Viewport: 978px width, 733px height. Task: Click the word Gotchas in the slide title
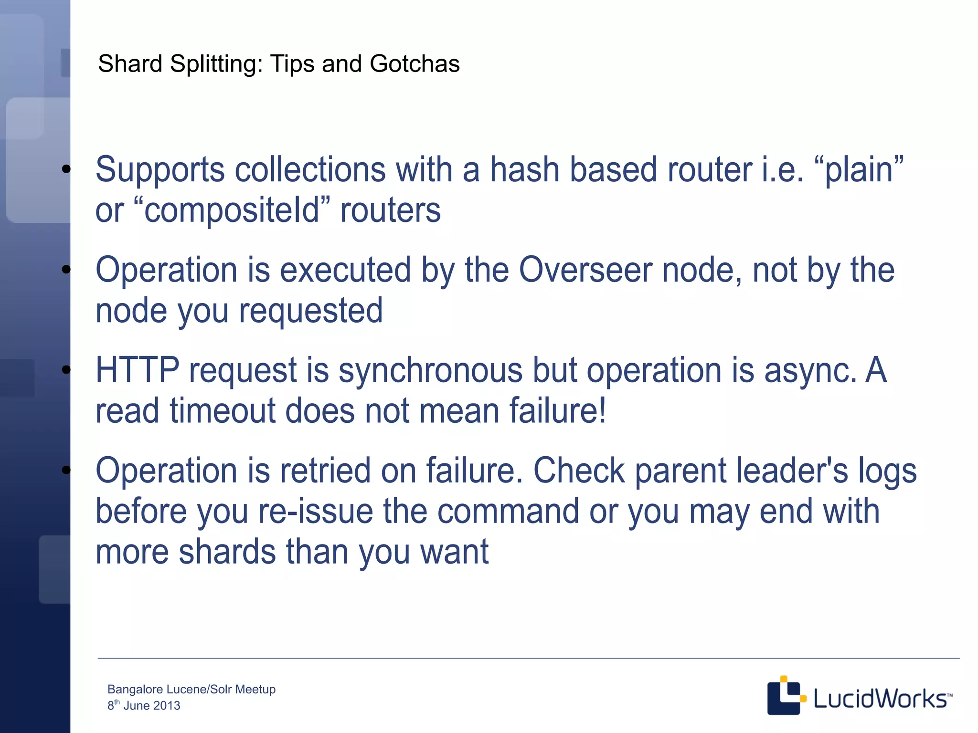414,64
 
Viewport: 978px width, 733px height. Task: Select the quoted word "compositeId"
232,210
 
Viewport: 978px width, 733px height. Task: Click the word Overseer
585,270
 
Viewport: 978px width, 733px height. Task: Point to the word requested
311,311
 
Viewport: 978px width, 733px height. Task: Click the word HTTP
137,370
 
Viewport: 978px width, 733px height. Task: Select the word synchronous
430,371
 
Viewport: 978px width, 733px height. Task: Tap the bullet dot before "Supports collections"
66,169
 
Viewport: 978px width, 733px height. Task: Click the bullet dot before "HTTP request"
66,369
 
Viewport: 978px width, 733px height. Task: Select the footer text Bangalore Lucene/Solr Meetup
191,689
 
